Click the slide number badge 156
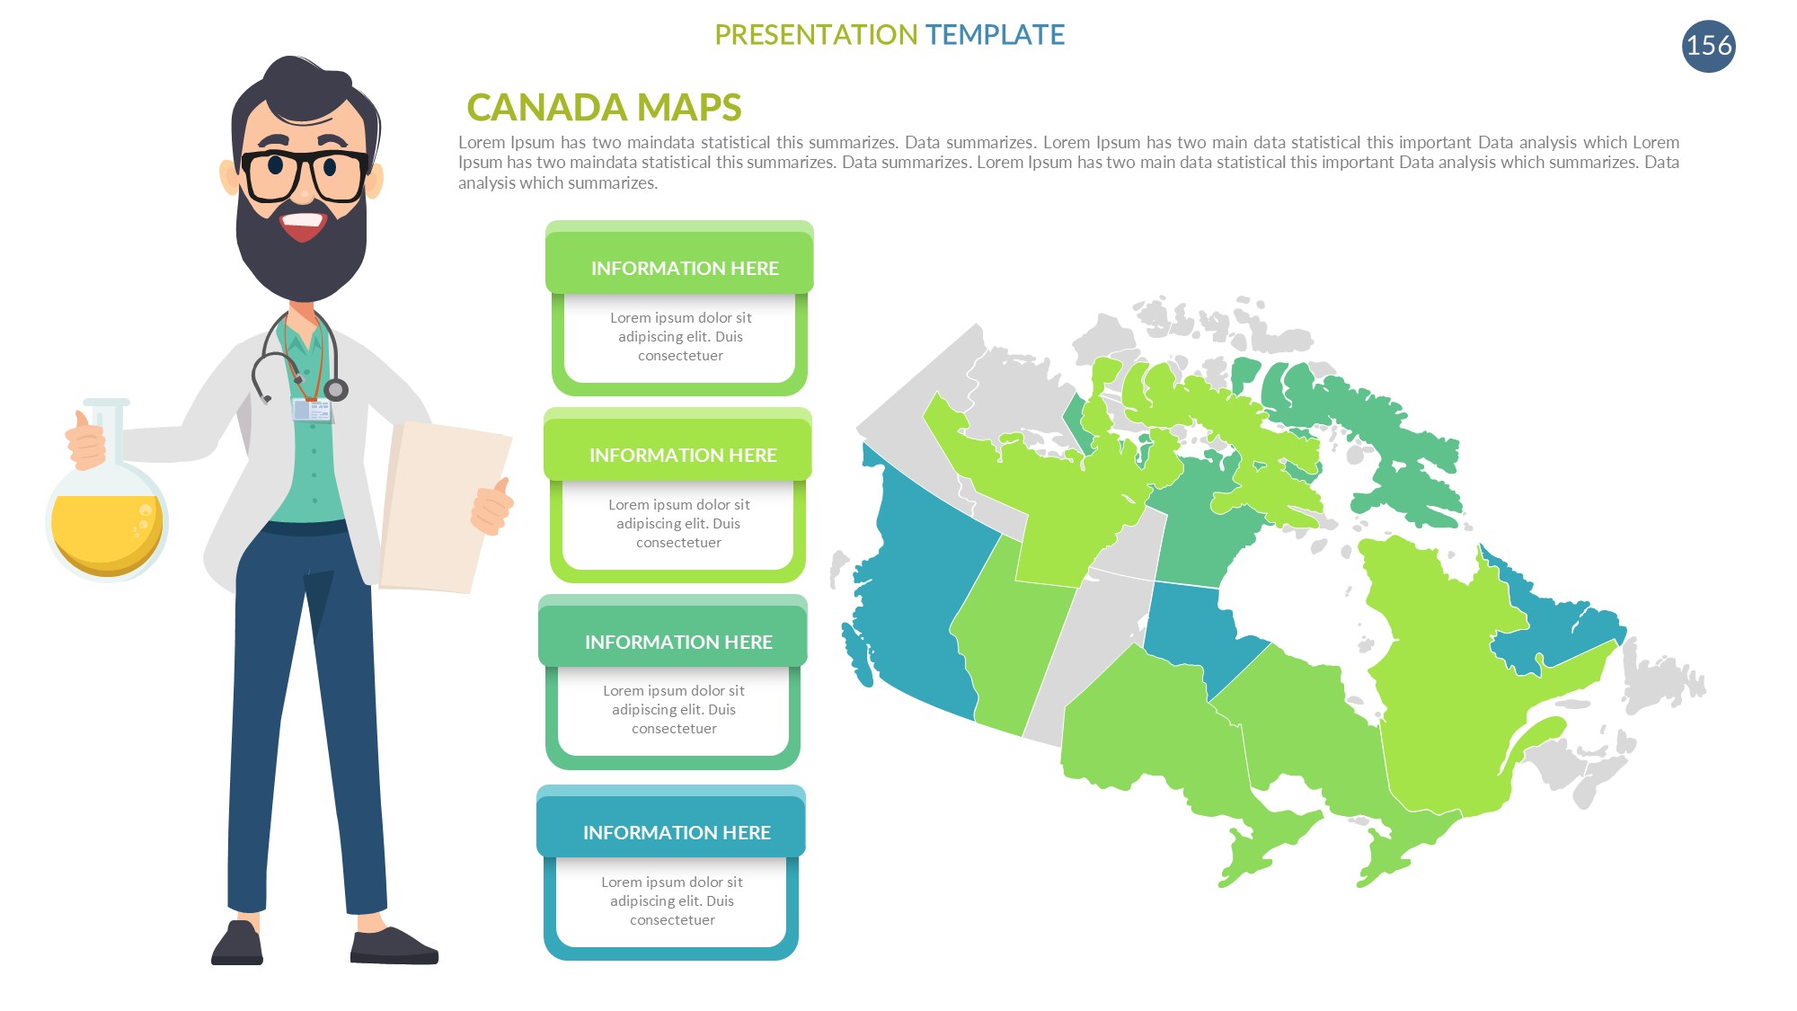(x=1708, y=46)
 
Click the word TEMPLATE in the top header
(x=995, y=34)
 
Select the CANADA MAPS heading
(x=604, y=107)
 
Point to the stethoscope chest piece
(x=336, y=389)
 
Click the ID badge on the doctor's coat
(x=312, y=410)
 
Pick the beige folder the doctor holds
(x=445, y=508)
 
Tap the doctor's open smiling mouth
(x=303, y=224)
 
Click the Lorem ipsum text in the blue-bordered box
(x=672, y=900)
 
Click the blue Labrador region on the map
(x=1554, y=629)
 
